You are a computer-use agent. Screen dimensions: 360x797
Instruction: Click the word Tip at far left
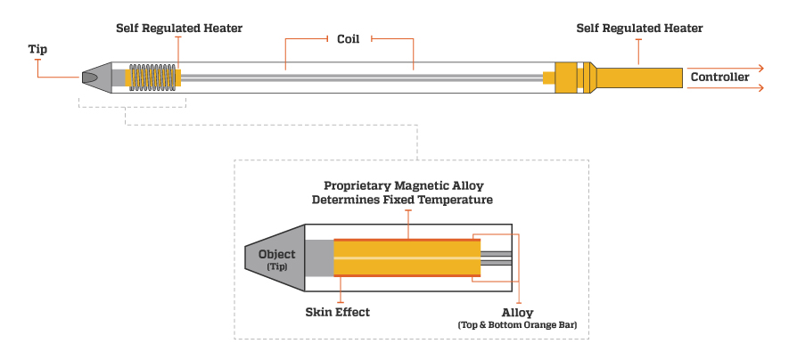pyautogui.click(x=37, y=50)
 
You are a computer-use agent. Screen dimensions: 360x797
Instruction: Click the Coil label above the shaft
pyautogui.click(x=348, y=38)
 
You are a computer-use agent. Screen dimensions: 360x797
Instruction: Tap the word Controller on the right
pyautogui.click(x=719, y=78)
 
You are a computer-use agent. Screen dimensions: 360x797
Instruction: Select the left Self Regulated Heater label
pyautogui.click(x=179, y=29)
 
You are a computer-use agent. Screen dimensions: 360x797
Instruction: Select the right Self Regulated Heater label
pyautogui.click(x=639, y=29)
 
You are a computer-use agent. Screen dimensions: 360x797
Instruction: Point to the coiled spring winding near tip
pyautogui.click(x=153, y=78)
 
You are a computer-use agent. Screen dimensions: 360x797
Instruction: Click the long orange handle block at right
pyautogui.click(x=638, y=78)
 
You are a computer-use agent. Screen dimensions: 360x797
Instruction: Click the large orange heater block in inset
pyautogui.click(x=407, y=258)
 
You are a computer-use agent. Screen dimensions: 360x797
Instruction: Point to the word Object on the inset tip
pyautogui.click(x=276, y=254)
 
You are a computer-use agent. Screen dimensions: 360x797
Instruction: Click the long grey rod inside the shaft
pyautogui.click(x=357, y=78)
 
